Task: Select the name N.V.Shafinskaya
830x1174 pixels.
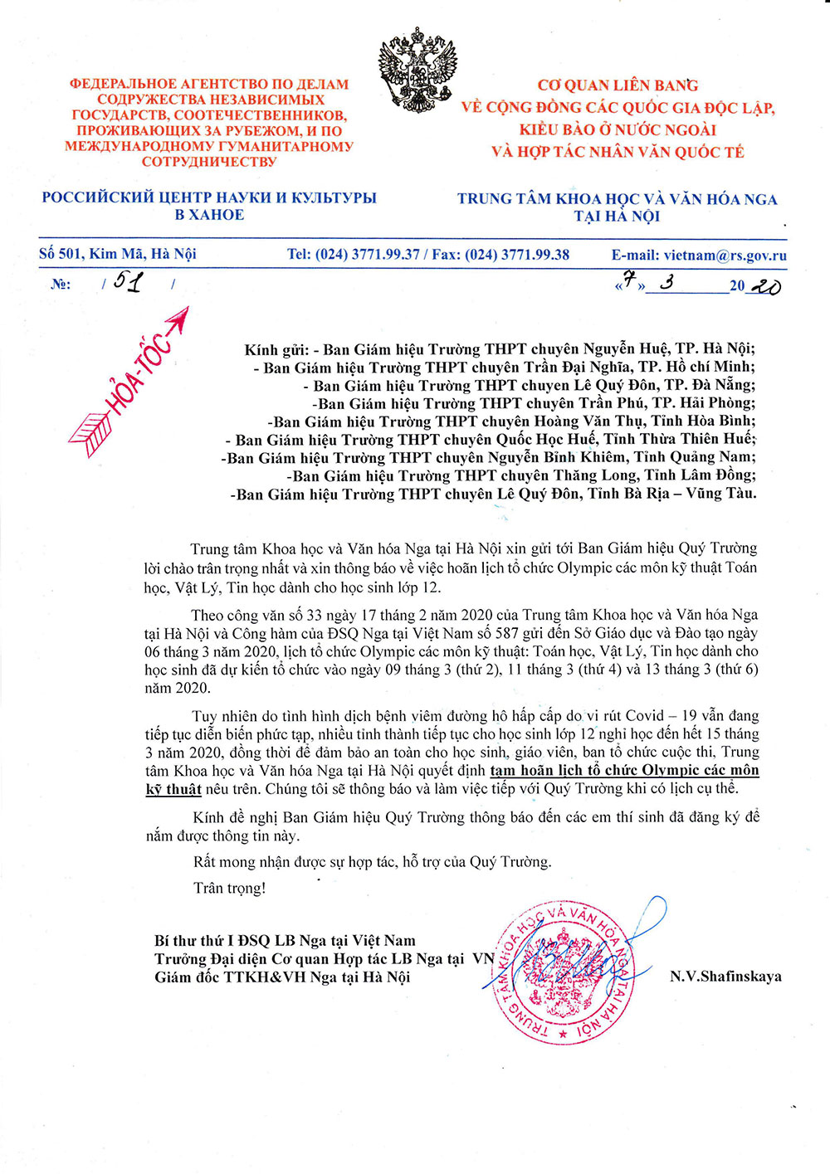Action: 725,977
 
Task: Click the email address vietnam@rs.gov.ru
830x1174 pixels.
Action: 725,256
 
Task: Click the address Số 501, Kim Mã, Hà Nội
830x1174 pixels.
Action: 118,254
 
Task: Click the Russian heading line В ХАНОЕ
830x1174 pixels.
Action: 209,215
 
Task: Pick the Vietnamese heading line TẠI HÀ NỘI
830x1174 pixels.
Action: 617,217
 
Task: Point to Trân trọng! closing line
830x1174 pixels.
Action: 230,888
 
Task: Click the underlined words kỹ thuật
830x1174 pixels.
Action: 173,789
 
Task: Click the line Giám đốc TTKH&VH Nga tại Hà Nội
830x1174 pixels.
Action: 282,977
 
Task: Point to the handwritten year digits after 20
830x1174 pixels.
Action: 764,286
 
